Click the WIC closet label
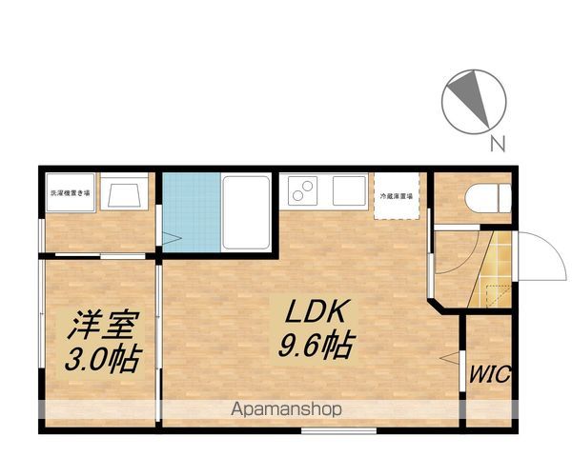(489, 373)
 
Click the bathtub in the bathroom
(246, 212)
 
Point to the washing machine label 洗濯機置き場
(71, 193)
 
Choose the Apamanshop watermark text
(286, 410)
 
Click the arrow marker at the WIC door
(446, 357)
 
